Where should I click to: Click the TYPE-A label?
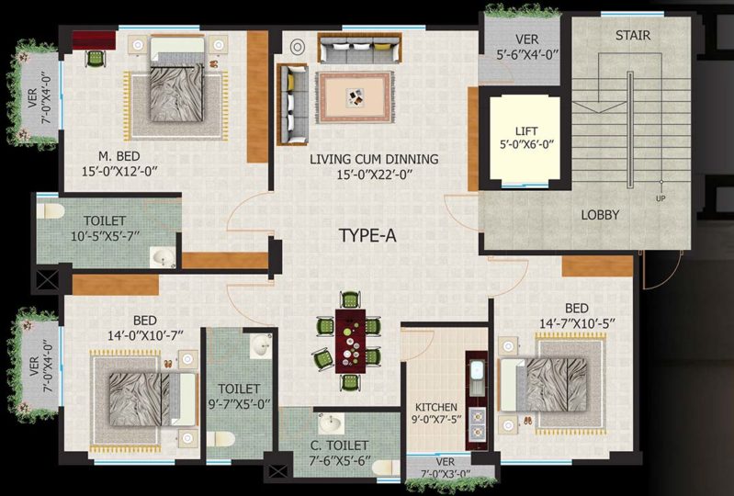pyautogui.click(x=367, y=235)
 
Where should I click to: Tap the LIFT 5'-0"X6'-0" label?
pyautogui.click(x=526, y=138)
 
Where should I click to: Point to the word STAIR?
pyautogui.click(x=632, y=35)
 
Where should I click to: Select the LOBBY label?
pyautogui.click(x=600, y=215)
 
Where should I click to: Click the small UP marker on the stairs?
pyautogui.click(x=661, y=198)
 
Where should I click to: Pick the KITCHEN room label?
pyautogui.click(x=436, y=407)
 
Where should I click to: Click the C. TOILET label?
pyautogui.click(x=339, y=445)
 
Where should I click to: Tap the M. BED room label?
pyautogui.click(x=119, y=156)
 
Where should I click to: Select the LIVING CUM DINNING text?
pyautogui.click(x=374, y=159)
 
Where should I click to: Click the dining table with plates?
pyautogui.click(x=350, y=341)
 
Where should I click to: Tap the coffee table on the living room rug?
pyautogui.click(x=354, y=96)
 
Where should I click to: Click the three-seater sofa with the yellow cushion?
pyautogui.click(x=359, y=48)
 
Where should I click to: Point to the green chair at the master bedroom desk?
pyautogui.click(x=96, y=59)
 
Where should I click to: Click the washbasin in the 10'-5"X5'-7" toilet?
pyautogui.click(x=162, y=257)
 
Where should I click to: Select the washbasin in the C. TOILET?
pyautogui.click(x=331, y=423)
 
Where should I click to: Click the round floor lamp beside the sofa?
pyautogui.click(x=298, y=47)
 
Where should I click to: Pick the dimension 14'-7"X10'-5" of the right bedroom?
pyautogui.click(x=577, y=324)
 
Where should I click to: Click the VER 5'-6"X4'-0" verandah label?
pyautogui.click(x=527, y=47)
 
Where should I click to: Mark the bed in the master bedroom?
pyautogui.click(x=177, y=80)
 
